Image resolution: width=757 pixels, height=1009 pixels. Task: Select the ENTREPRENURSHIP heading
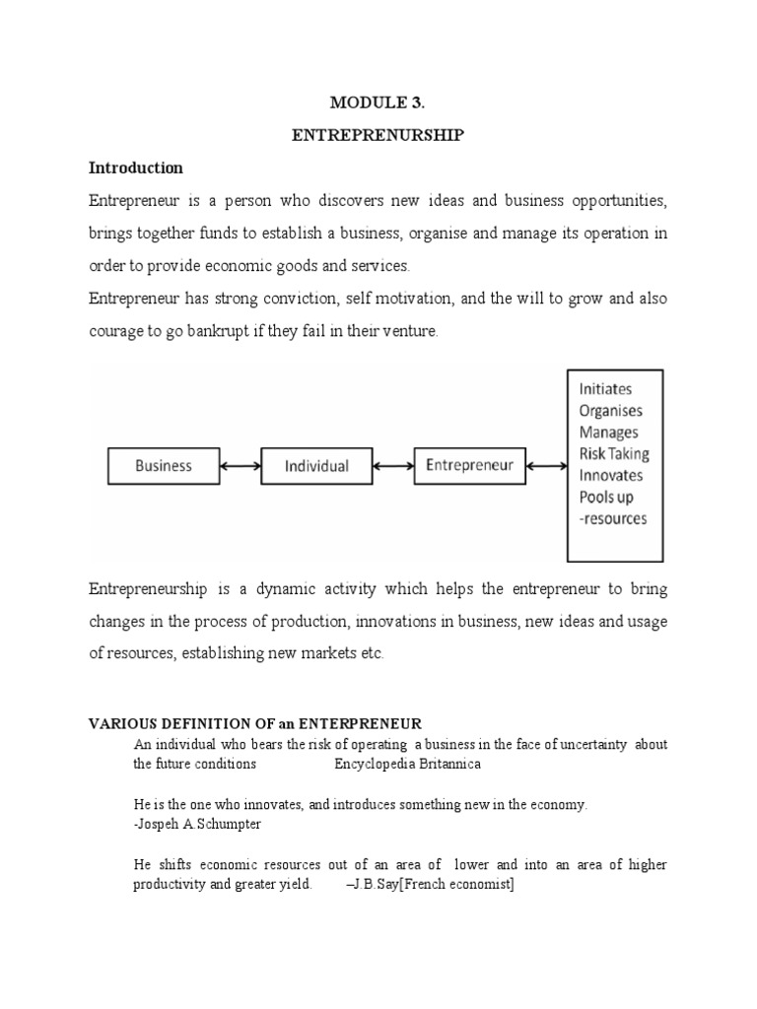pyautogui.click(x=378, y=137)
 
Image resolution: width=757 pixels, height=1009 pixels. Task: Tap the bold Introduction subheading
pyautogui.click(x=136, y=168)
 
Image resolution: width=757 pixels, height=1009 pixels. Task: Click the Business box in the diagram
pyautogui.click(x=163, y=466)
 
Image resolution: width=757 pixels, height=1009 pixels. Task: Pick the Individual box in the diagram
pyautogui.click(x=316, y=466)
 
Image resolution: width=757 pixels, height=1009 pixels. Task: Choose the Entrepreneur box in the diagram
pyautogui.click(x=469, y=465)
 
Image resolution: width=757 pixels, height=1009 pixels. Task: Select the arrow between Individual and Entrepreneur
pyautogui.click(x=393, y=466)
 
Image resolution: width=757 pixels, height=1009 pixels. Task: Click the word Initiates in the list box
pyautogui.click(x=606, y=389)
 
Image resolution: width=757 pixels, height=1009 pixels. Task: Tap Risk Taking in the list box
pyautogui.click(x=614, y=454)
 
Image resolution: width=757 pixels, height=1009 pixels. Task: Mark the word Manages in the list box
pyautogui.click(x=608, y=433)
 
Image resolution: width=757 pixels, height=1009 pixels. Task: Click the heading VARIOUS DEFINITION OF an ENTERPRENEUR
pyautogui.click(x=255, y=724)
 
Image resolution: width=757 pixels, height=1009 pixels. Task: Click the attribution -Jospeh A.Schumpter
pyautogui.click(x=197, y=824)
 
